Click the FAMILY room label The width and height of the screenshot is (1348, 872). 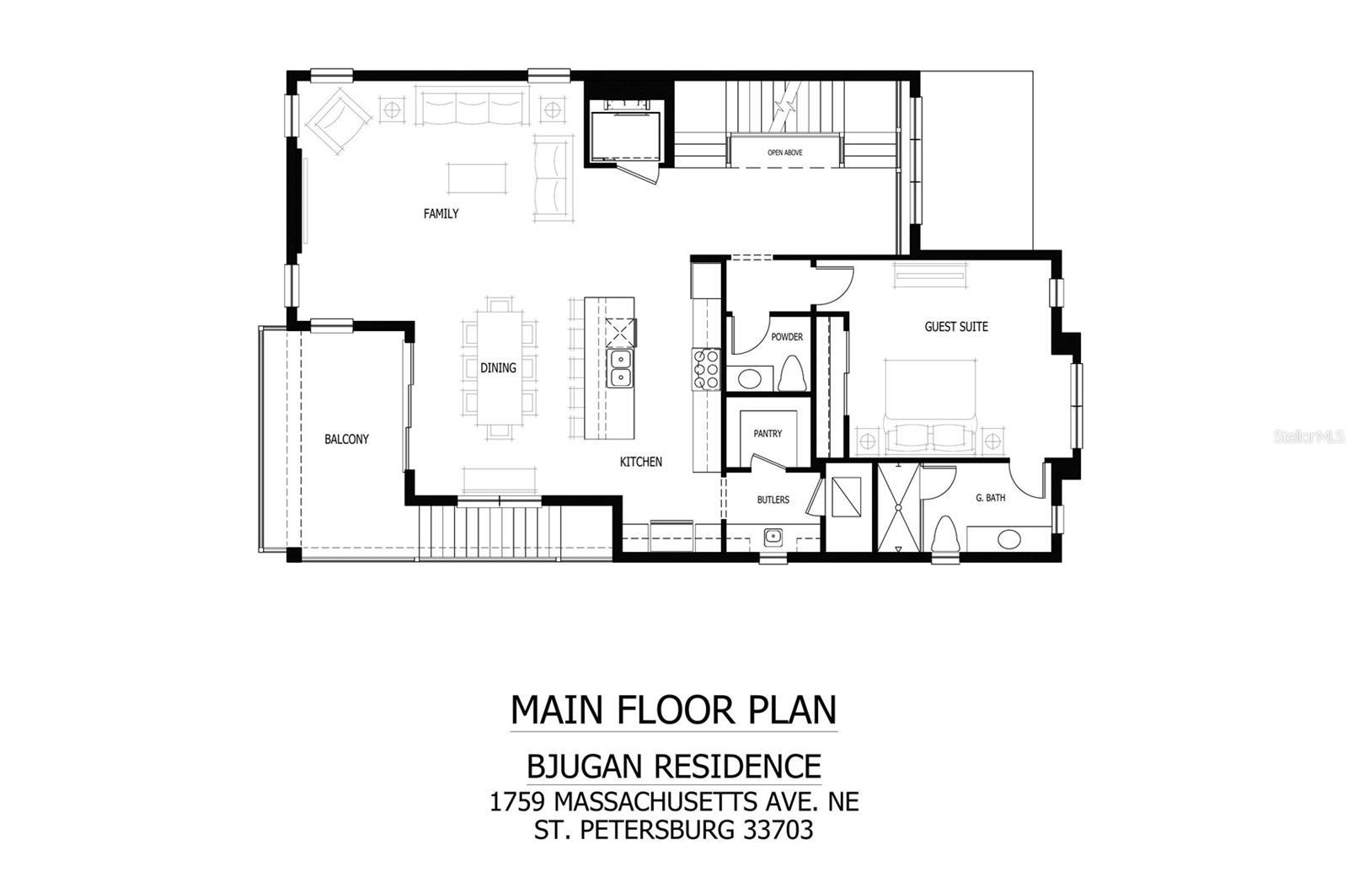click(x=441, y=214)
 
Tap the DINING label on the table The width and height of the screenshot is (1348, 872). click(x=498, y=367)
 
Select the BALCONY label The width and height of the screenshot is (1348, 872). click(x=346, y=439)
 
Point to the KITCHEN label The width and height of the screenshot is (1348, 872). click(x=640, y=462)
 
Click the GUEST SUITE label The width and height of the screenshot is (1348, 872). click(x=956, y=326)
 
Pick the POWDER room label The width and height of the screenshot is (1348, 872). click(x=786, y=337)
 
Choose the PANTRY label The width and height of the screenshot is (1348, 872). click(x=768, y=434)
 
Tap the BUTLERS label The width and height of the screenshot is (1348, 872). click(x=773, y=500)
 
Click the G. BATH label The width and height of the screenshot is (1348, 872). click(x=990, y=498)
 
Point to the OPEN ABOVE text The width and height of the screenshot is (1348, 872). click(x=784, y=152)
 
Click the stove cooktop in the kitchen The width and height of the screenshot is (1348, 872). click(x=706, y=369)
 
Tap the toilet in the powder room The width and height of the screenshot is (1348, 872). click(x=790, y=373)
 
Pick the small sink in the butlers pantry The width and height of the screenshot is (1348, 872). click(x=773, y=536)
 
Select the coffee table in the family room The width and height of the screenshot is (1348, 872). click(x=477, y=178)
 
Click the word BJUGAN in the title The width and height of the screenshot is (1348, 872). click(x=586, y=767)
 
